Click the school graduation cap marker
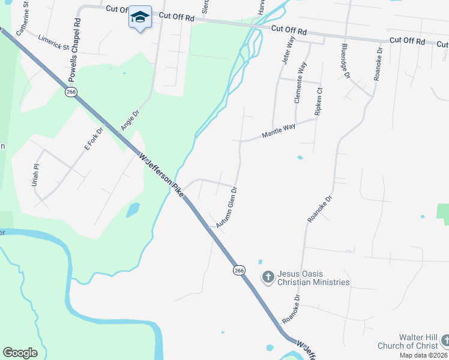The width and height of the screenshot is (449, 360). coord(140,17)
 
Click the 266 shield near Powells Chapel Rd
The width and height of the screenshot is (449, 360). coord(71,92)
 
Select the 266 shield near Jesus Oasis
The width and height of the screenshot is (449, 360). coord(239,271)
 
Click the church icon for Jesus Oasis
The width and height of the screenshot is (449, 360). coord(268,277)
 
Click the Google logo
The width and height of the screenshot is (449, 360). coord(20,353)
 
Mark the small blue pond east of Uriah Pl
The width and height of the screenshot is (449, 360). coord(133,210)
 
